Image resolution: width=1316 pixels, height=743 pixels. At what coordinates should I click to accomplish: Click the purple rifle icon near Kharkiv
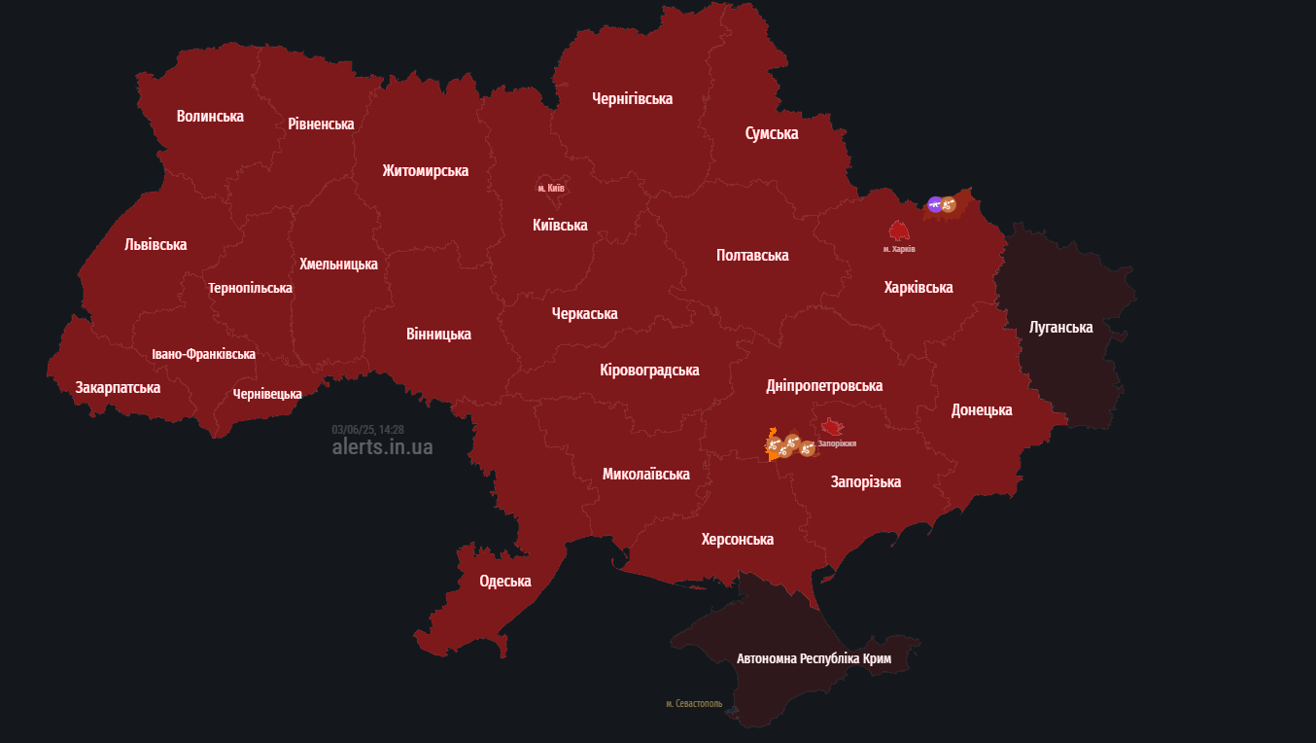[935, 204]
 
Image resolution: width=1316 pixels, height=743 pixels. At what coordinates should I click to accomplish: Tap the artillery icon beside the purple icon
[949, 204]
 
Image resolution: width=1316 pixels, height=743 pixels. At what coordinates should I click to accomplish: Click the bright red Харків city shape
[899, 230]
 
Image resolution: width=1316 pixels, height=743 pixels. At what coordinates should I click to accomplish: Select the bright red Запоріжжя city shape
[832, 427]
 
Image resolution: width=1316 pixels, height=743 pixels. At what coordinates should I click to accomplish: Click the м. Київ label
[551, 188]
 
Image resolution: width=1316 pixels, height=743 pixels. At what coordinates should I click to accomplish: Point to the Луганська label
[1060, 327]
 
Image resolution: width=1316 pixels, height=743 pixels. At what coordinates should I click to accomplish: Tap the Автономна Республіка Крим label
[814, 658]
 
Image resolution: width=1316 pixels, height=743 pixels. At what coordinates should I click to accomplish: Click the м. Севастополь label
[694, 703]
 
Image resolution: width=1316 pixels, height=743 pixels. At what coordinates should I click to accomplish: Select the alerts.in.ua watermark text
[382, 447]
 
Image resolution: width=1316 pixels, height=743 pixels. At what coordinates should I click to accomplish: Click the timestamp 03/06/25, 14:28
[367, 429]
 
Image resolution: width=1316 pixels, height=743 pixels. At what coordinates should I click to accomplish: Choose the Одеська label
[505, 581]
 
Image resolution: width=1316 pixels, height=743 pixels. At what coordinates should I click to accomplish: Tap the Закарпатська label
[118, 387]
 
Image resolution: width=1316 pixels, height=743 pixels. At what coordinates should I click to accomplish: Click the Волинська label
[210, 116]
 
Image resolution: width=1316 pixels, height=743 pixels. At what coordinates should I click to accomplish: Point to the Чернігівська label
[632, 98]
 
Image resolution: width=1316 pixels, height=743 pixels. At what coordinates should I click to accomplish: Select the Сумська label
[772, 133]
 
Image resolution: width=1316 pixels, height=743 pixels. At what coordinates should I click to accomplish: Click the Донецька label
[982, 409]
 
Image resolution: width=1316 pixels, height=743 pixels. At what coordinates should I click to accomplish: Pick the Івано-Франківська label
[203, 354]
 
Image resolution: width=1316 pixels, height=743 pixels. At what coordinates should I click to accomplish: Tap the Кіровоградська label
[649, 370]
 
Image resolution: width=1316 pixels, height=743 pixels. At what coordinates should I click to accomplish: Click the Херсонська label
[738, 539]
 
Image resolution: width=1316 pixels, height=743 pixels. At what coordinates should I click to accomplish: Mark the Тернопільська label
[250, 288]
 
